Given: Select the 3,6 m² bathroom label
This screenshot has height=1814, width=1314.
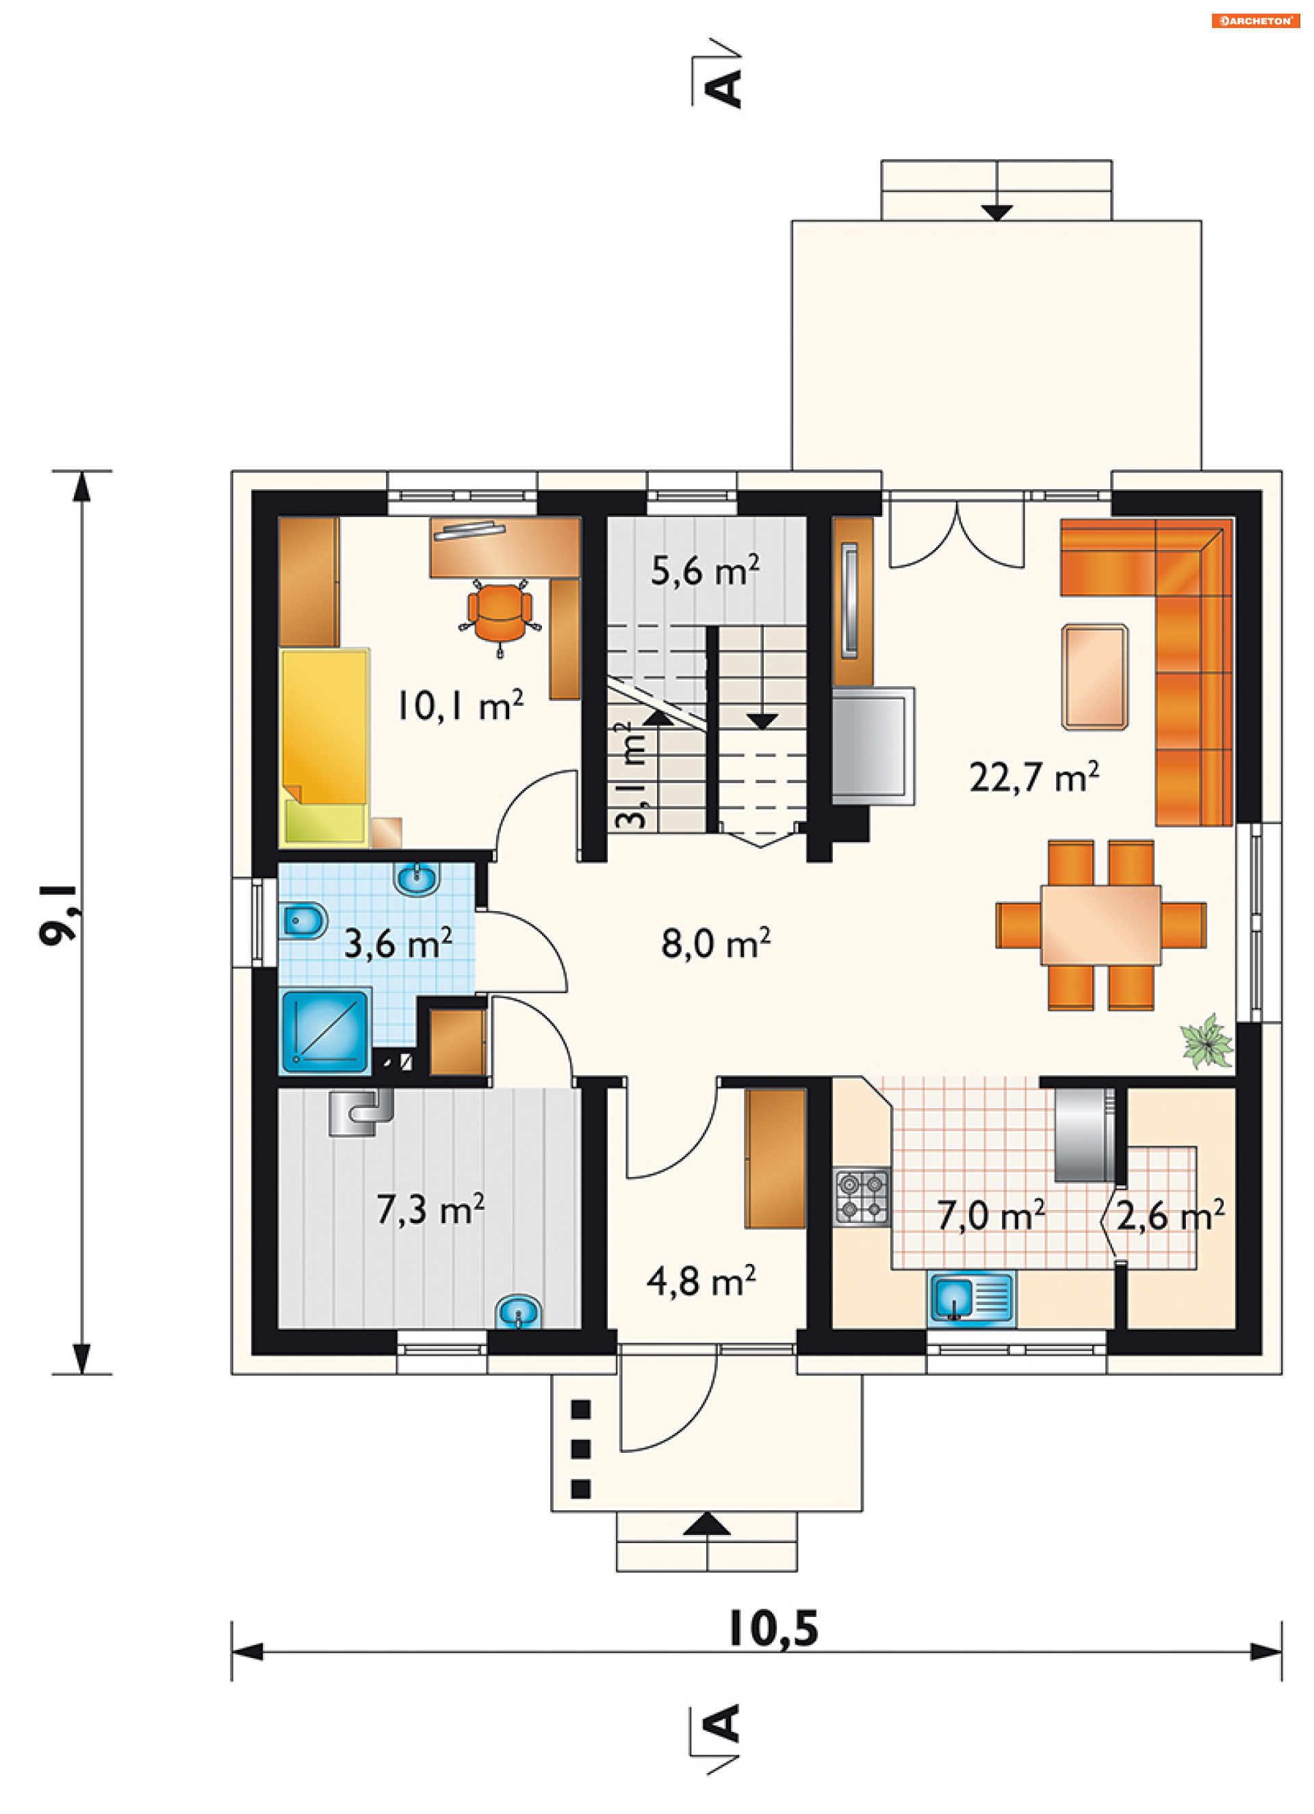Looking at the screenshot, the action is click(398, 943).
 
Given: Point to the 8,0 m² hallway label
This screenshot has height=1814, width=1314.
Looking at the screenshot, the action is click(715, 943).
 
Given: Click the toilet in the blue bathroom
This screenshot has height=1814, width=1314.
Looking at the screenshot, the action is click(302, 921).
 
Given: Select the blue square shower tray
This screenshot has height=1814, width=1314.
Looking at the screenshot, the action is click(325, 1031).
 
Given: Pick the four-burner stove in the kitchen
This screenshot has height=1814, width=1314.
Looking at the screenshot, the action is click(862, 1196).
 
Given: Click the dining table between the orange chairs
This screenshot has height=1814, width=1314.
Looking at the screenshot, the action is click(1100, 925).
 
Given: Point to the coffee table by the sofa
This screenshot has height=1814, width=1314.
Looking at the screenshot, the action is click(1095, 677).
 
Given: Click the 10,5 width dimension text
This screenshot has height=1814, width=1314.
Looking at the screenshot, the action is click(773, 1630).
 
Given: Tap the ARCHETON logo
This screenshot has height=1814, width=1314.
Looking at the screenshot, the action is click(1254, 21).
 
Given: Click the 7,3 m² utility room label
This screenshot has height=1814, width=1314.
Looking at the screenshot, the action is click(430, 1209).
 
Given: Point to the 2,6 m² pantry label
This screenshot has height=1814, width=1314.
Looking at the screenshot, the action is click(1170, 1215).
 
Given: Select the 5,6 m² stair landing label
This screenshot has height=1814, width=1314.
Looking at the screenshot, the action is click(705, 571).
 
